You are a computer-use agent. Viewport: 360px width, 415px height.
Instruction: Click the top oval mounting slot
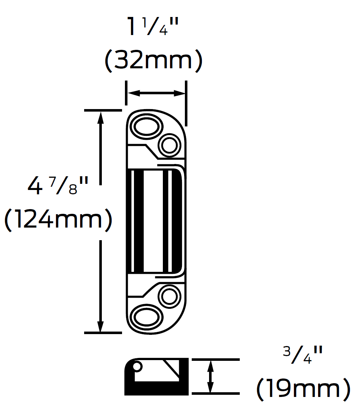[x=146, y=127]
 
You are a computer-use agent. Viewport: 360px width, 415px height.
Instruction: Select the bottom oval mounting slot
[x=146, y=317]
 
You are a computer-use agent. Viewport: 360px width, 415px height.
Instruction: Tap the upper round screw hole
[x=169, y=146]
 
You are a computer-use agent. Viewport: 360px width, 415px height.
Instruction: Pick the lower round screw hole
[x=169, y=297]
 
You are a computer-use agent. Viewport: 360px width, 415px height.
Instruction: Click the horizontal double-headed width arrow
[x=156, y=93]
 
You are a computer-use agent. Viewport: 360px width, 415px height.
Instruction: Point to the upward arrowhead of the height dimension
[x=101, y=117]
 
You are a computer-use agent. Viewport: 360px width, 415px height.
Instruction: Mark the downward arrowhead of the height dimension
[x=101, y=325]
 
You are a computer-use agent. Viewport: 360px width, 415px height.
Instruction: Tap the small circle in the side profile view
[x=137, y=367]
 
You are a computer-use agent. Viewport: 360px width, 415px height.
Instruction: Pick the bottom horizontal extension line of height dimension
[x=103, y=332]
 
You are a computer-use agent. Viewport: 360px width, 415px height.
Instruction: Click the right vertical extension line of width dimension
[x=186, y=103]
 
